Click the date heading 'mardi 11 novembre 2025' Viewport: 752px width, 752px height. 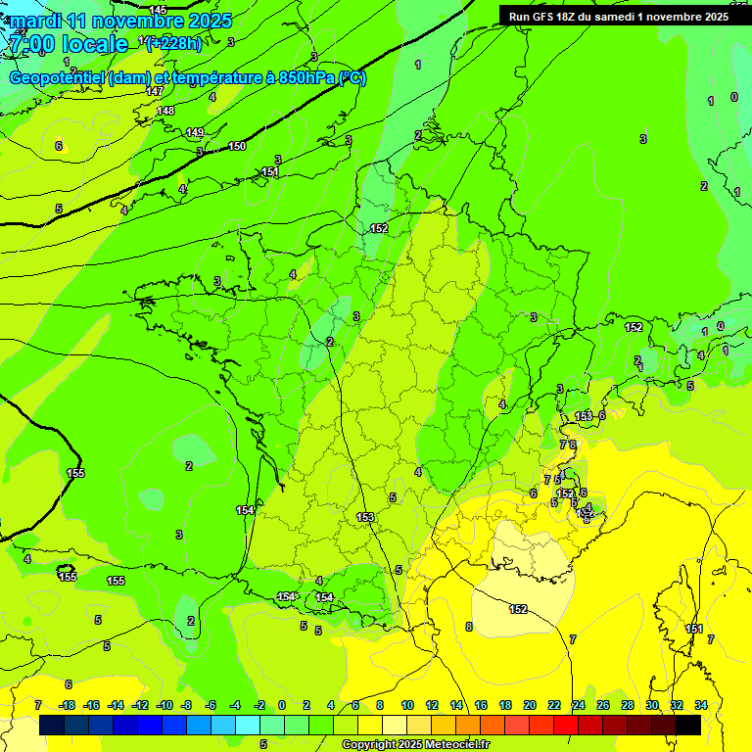120,21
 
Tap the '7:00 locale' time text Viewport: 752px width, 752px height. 68,44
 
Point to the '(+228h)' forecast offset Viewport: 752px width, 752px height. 175,43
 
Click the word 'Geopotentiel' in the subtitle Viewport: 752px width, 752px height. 58,78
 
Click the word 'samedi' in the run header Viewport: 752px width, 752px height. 610,16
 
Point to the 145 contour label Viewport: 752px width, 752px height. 158,10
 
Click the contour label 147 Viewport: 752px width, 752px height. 155,91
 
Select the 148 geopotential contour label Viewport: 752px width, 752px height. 165,111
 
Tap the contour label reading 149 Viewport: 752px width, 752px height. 195,132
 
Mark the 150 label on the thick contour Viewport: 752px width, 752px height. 237,146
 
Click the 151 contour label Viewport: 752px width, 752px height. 271,172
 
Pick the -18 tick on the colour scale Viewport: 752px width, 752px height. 68,705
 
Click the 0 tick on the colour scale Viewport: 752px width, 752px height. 282,705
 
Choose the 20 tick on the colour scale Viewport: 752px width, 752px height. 529,705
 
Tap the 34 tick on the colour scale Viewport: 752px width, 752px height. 701,705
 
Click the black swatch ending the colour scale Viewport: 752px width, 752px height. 688,725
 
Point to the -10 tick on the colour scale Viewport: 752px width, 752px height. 164,705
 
